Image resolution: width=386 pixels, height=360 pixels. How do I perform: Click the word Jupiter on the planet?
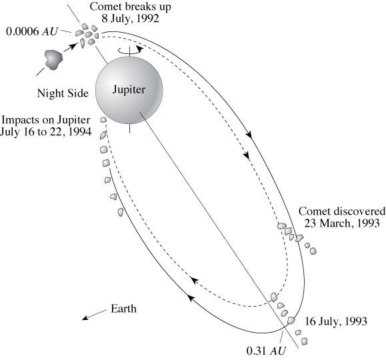point(129,89)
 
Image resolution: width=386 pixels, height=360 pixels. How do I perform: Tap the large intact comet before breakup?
point(53,59)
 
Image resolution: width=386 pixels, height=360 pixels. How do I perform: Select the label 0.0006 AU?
point(31,31)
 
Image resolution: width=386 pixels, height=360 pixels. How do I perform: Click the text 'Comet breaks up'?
point(130,7)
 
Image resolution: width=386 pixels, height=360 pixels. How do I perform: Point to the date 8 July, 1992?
point(130,19)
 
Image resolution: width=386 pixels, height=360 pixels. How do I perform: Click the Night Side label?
point(63,93)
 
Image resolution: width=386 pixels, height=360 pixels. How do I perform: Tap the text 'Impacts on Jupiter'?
point(46,120)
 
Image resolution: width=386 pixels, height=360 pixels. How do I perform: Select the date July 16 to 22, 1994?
point(46,132)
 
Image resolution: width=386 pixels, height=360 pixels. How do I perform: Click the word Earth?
point(123,309)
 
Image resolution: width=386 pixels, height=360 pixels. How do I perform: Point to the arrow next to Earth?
point(94,315)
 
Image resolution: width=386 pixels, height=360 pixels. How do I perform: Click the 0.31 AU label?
point(266,351)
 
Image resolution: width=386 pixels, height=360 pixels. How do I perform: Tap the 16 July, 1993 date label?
point(336,321)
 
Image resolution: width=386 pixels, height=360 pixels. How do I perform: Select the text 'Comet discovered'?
point(342,211)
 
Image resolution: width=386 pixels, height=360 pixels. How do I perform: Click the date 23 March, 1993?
point(342,223)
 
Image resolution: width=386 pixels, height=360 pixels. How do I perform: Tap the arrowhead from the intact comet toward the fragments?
point(72,46)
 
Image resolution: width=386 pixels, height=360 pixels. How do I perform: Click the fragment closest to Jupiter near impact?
point(103,120)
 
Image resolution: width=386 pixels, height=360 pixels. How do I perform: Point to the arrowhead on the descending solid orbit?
point(249,135)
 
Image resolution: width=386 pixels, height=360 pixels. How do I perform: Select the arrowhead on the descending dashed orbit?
point(246,155)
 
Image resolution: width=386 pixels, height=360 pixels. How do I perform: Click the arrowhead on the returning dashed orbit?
point(195,281)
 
